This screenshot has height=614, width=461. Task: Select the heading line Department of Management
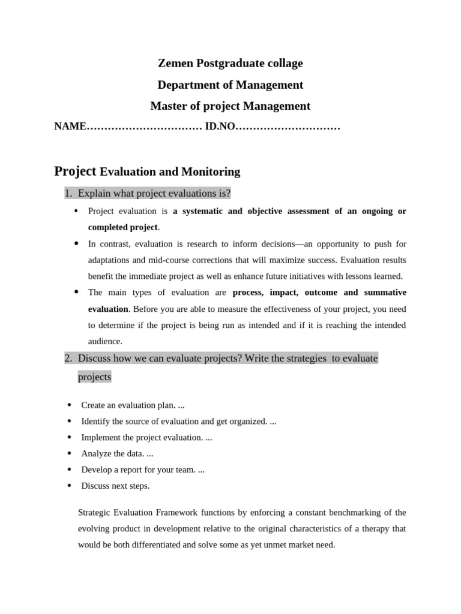tap(230, 85)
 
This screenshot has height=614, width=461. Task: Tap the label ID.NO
tap(220, 127)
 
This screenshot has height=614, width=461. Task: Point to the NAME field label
tap(70, 127)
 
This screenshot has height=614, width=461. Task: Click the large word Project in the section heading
tap(75, 171)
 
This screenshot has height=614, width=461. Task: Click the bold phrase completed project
tap(122, 227)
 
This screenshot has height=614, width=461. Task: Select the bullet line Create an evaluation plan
tap(133, 405)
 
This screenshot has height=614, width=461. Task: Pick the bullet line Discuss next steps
tap(115, 486)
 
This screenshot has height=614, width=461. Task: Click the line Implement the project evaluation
tap(146, 438)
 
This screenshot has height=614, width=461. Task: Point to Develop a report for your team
tap(143, 470)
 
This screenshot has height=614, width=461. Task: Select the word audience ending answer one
tap(105, 341)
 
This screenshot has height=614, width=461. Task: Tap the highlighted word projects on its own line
tap(94, 377)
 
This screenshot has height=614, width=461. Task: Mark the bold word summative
tap(385, 293)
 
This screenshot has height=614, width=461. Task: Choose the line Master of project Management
tap(230, 107)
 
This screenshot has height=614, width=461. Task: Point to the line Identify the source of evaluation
tap(178, 422)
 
